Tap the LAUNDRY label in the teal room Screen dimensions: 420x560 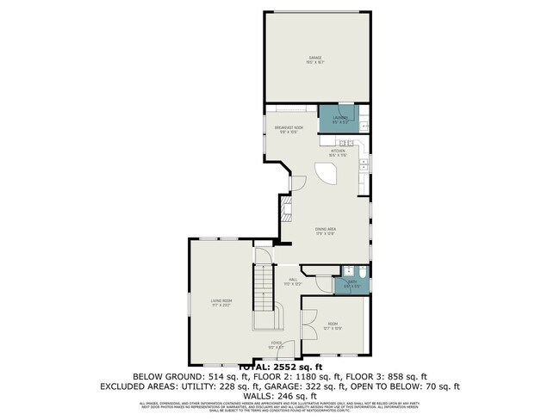coord(340,119)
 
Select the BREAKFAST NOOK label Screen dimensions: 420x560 coord(289,128)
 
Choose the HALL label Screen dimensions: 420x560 coord(293,280)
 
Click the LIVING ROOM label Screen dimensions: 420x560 coord(222,302)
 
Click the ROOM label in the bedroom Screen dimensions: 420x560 coord(333,324)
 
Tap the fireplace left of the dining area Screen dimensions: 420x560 coord(286,211)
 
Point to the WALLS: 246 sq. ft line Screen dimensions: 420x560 coord(280,396)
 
